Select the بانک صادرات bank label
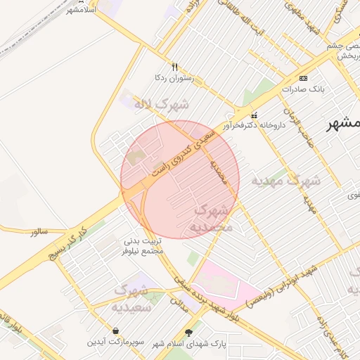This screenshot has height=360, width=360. pyautogui.click(x=301, y=89)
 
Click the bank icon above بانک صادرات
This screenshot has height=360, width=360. pyautogui.click(x=303, y=77)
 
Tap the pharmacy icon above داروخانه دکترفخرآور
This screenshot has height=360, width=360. pyautogui.click(x=254, y=115)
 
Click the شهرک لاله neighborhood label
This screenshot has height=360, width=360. pyautogui.click(x=162, y=105)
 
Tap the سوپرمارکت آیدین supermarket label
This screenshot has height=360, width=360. pyautogui.click(x=115, y=342)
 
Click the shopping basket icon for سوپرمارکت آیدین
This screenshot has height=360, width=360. pyautogui.click(x=115, y=330)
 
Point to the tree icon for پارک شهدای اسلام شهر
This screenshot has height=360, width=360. pyautogui.click(x=188, y=332)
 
